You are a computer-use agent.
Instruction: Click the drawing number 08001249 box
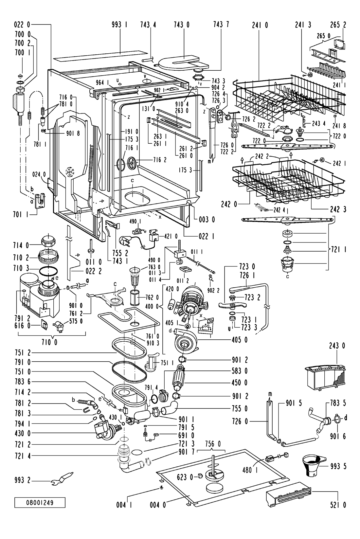click(x=40, y=503)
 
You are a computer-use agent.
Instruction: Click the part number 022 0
click(x=22, y=25)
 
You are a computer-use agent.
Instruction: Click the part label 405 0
click(x=240, y=340)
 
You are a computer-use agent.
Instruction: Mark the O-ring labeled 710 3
click(x=48, y=271)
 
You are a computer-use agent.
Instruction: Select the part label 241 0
click(x=260, y=25)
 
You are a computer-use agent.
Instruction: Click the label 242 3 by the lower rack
click(x=338, y=209)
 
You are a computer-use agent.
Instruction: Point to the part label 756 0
click(x=213, y=443)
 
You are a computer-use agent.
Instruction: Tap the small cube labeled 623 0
click(x=200, y=476)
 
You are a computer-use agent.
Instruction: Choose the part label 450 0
click(x=240, y=383)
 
